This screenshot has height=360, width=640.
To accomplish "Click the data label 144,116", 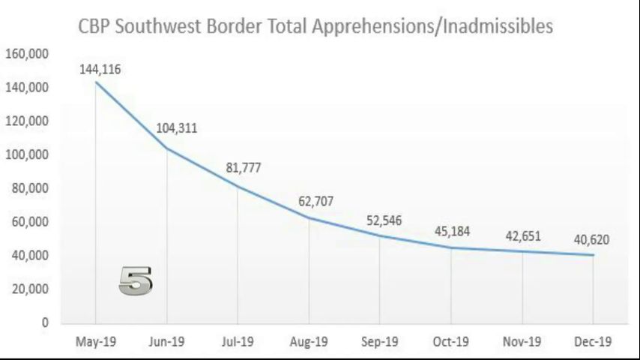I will click(x=100, y=69).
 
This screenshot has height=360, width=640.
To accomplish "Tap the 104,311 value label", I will click(x=176, y=127).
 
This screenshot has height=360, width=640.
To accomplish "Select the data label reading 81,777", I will click(x=243, y=167).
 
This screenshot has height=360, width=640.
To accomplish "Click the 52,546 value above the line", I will click(x=384, y=221).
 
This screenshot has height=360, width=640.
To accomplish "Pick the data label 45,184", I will click(x=452, y=231).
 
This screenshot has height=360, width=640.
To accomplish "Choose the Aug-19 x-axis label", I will click(x=309, y=342).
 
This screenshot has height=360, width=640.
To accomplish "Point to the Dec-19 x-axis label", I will click(x=594, y=342).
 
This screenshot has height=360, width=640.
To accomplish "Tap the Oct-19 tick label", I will click(x=451, y=342).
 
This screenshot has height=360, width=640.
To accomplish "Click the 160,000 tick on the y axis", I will click(x=28, y=54).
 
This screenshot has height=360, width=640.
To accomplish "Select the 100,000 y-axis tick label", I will click(x=28, y=155).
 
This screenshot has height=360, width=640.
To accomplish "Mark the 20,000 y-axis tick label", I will click(x=30, y=289).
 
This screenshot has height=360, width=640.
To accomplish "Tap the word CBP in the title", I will click(x=95, y=27).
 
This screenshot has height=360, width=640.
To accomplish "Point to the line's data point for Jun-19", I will click(x=166, y=148).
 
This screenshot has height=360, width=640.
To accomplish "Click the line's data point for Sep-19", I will click(x=380, y=235).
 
